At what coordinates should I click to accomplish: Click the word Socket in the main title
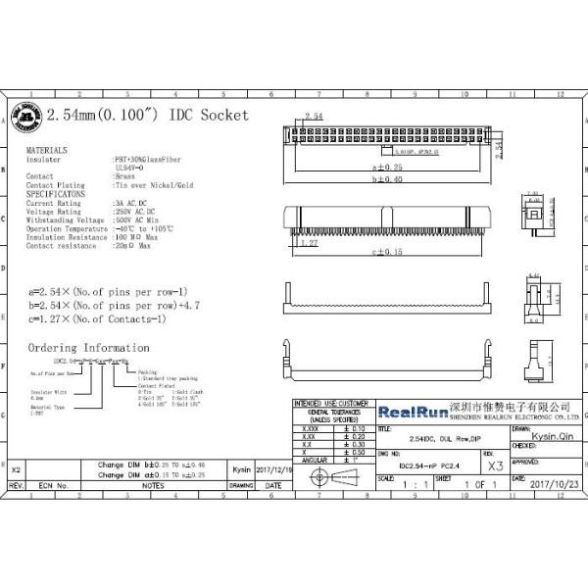[x=223, y=115]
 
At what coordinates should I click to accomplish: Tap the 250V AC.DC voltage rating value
[x=136, y=211]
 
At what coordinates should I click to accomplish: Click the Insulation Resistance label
[x=65, y=237]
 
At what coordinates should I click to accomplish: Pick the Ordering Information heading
[x=88, y=348]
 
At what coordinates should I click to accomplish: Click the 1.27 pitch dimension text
[x=307, y=241]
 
